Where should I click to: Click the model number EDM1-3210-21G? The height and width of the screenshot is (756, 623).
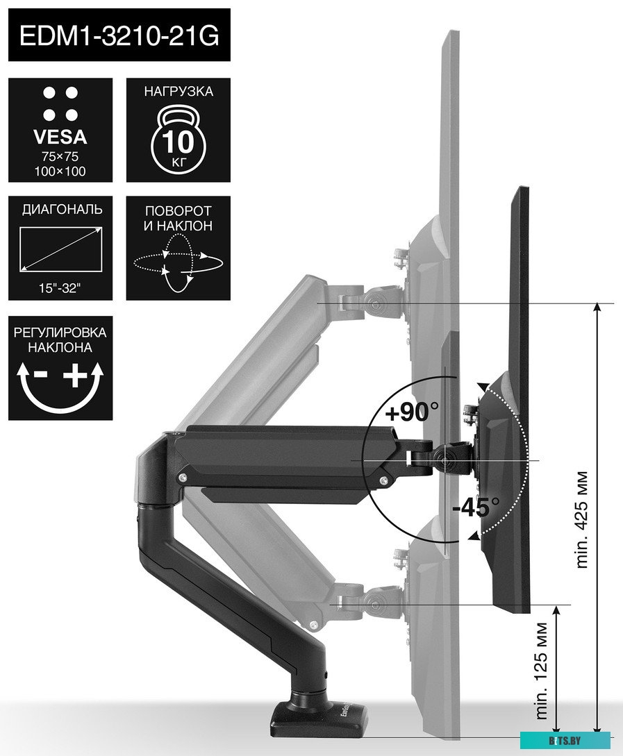(x=119, y=35)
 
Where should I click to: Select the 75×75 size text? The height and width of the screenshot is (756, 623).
(x=60, y=156)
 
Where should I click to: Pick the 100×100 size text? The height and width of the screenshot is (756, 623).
(x=60, y=171)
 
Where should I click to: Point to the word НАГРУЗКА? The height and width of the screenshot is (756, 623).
(x=178, y=91)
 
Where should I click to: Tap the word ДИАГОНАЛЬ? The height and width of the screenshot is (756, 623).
(x=60, y=210)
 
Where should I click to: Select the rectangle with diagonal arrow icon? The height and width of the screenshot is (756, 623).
(x=60, y=250)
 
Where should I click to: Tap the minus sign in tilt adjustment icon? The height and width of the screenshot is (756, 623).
(x=40, y=376)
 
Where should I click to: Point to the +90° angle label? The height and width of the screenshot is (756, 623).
(x=413, y=413)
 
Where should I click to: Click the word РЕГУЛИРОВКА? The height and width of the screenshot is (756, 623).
(x=60, y=332)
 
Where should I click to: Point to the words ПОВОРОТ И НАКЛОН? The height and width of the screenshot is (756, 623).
(x=178, y=218)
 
